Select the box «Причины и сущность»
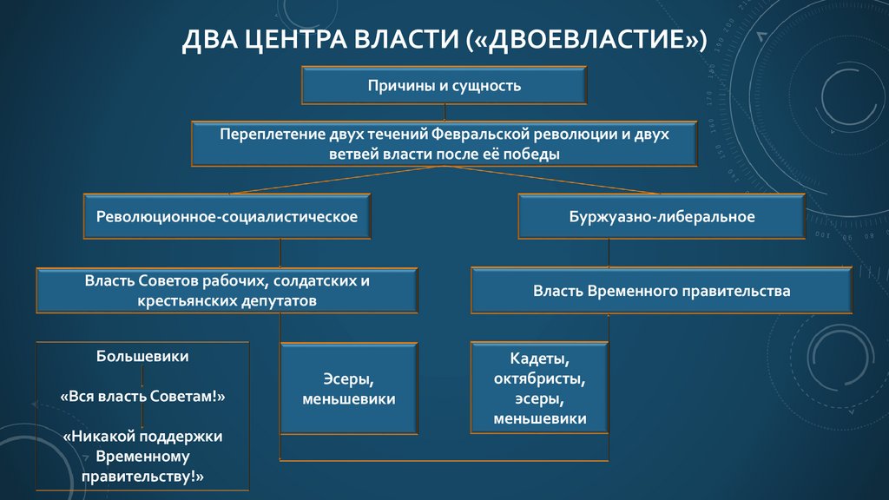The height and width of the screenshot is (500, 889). (444, 85)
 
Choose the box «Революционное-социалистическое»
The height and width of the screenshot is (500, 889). (227, 216)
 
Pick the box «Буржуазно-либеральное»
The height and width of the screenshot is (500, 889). (661, 216)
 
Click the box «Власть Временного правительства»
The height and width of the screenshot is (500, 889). (662, 291)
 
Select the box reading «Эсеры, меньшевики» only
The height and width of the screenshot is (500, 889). (349, 389)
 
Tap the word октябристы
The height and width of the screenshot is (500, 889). (539, 379)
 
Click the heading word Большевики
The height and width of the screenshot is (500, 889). (142, 356)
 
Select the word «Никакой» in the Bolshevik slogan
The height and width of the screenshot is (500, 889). (99, 436)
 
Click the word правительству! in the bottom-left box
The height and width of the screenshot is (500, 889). (142, 476)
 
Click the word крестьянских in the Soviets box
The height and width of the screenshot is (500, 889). (181, 300)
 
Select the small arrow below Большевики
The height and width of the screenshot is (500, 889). (142, 376)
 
